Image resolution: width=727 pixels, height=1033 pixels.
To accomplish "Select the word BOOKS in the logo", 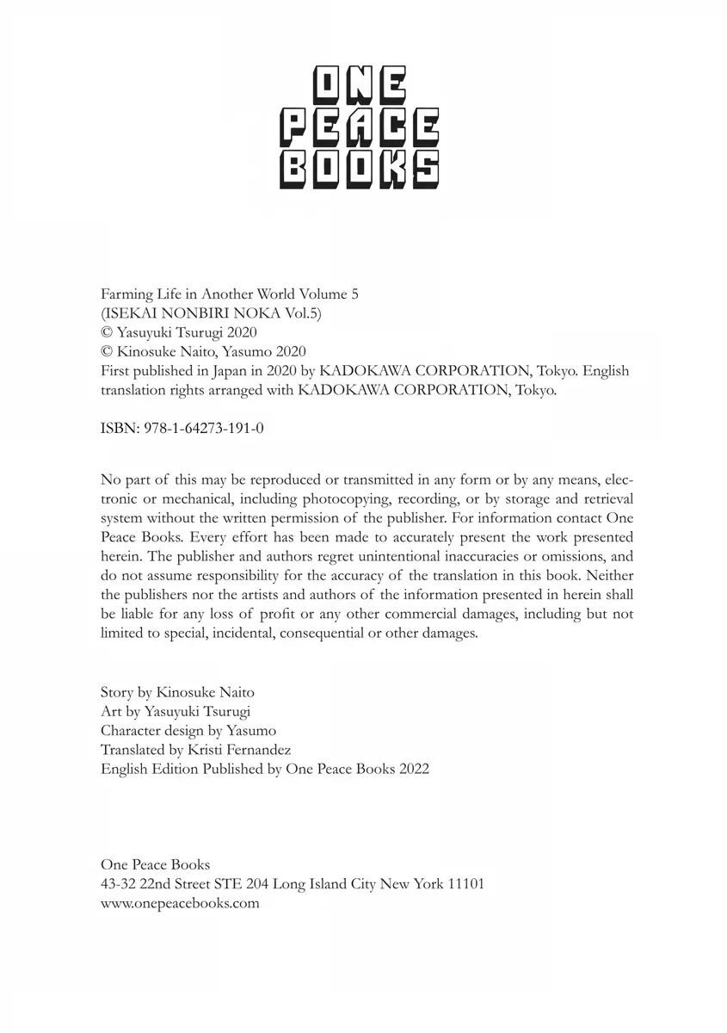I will click(x=360, y=168).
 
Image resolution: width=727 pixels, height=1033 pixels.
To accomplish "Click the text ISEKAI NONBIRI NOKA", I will click(x=188, y=313).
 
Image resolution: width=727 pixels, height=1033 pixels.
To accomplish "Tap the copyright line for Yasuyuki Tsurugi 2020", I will click(x=179, y=332).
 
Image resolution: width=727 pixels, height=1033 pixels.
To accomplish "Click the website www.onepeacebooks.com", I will click(x=180, y=903).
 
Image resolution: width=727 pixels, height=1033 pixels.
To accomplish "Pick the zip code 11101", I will click(x=466, y=884).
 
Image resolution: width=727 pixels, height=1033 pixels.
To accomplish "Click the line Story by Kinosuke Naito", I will click(x=177, y=692).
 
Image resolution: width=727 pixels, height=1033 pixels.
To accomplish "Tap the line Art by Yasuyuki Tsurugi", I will click(x=176, y=712).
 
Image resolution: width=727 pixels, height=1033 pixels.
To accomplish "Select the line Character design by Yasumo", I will click(x=188, y=731).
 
